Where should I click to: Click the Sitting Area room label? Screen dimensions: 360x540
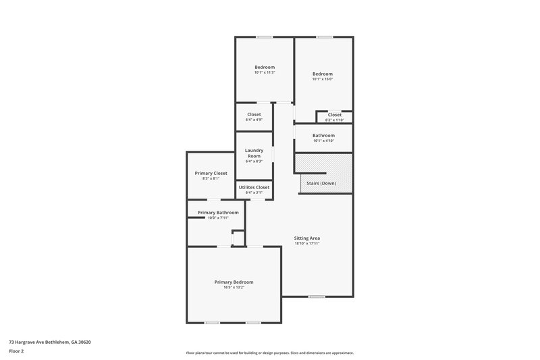(306, 238)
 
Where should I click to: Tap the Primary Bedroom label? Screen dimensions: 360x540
(234, 282)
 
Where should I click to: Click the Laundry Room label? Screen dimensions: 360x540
(253, 153)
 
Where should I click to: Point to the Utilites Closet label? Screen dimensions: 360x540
(254, 187)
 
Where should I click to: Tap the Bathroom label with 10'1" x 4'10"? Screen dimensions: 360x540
(323, 135)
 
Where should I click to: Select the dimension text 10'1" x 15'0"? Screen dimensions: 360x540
(323, 79)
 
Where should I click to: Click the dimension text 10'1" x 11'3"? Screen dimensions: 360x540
(265, 72)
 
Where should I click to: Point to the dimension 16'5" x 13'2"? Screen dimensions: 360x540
(234, 287)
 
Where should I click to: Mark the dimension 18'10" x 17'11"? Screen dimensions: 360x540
(306, 243)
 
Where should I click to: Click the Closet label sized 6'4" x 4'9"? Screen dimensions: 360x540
(254, 114)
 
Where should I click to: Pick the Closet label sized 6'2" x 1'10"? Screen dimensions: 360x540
(335, 115)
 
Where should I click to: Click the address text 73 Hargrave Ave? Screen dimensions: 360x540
(50, 342)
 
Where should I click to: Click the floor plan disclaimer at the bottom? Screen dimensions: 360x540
(270, 353)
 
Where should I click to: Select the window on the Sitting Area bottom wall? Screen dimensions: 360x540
(317, 297)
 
